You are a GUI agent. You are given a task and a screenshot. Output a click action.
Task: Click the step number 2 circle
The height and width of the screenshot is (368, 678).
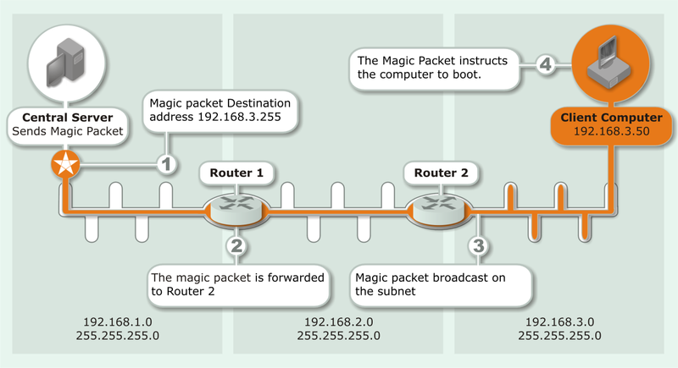(x=237, y=246)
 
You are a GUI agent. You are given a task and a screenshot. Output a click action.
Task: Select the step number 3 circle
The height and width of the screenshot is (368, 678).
(x=479, y=246)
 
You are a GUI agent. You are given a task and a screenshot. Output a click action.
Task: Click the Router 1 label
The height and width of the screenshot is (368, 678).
(x=237, y=173)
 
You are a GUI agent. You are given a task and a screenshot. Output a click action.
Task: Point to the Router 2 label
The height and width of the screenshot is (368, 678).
(x=441, y=173)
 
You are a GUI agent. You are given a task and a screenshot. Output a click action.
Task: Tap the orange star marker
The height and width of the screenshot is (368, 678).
(x=64, y=165)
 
